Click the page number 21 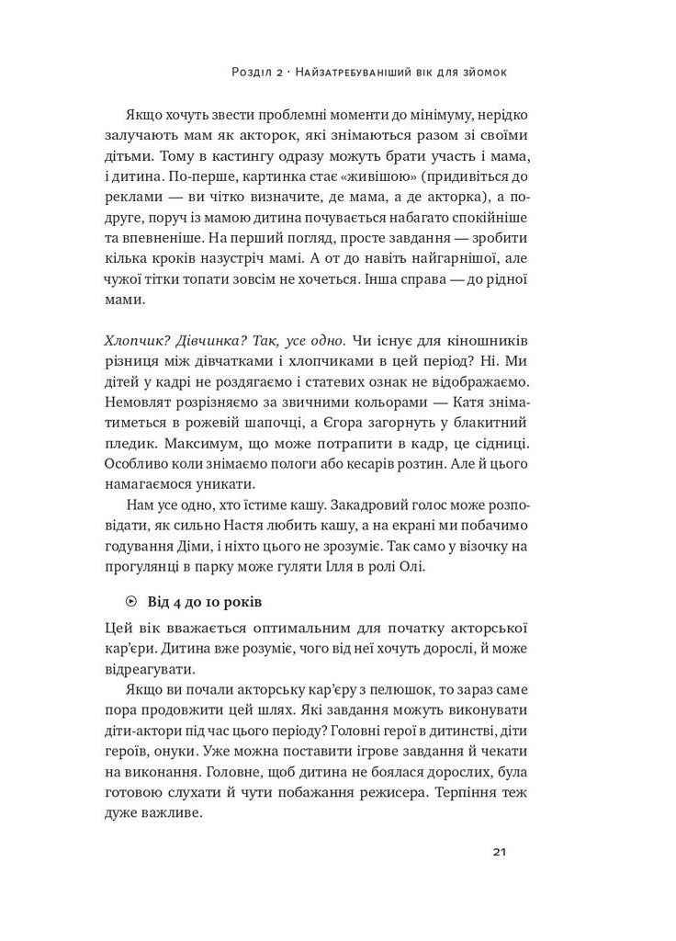point(499,851)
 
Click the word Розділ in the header point(254,72)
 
